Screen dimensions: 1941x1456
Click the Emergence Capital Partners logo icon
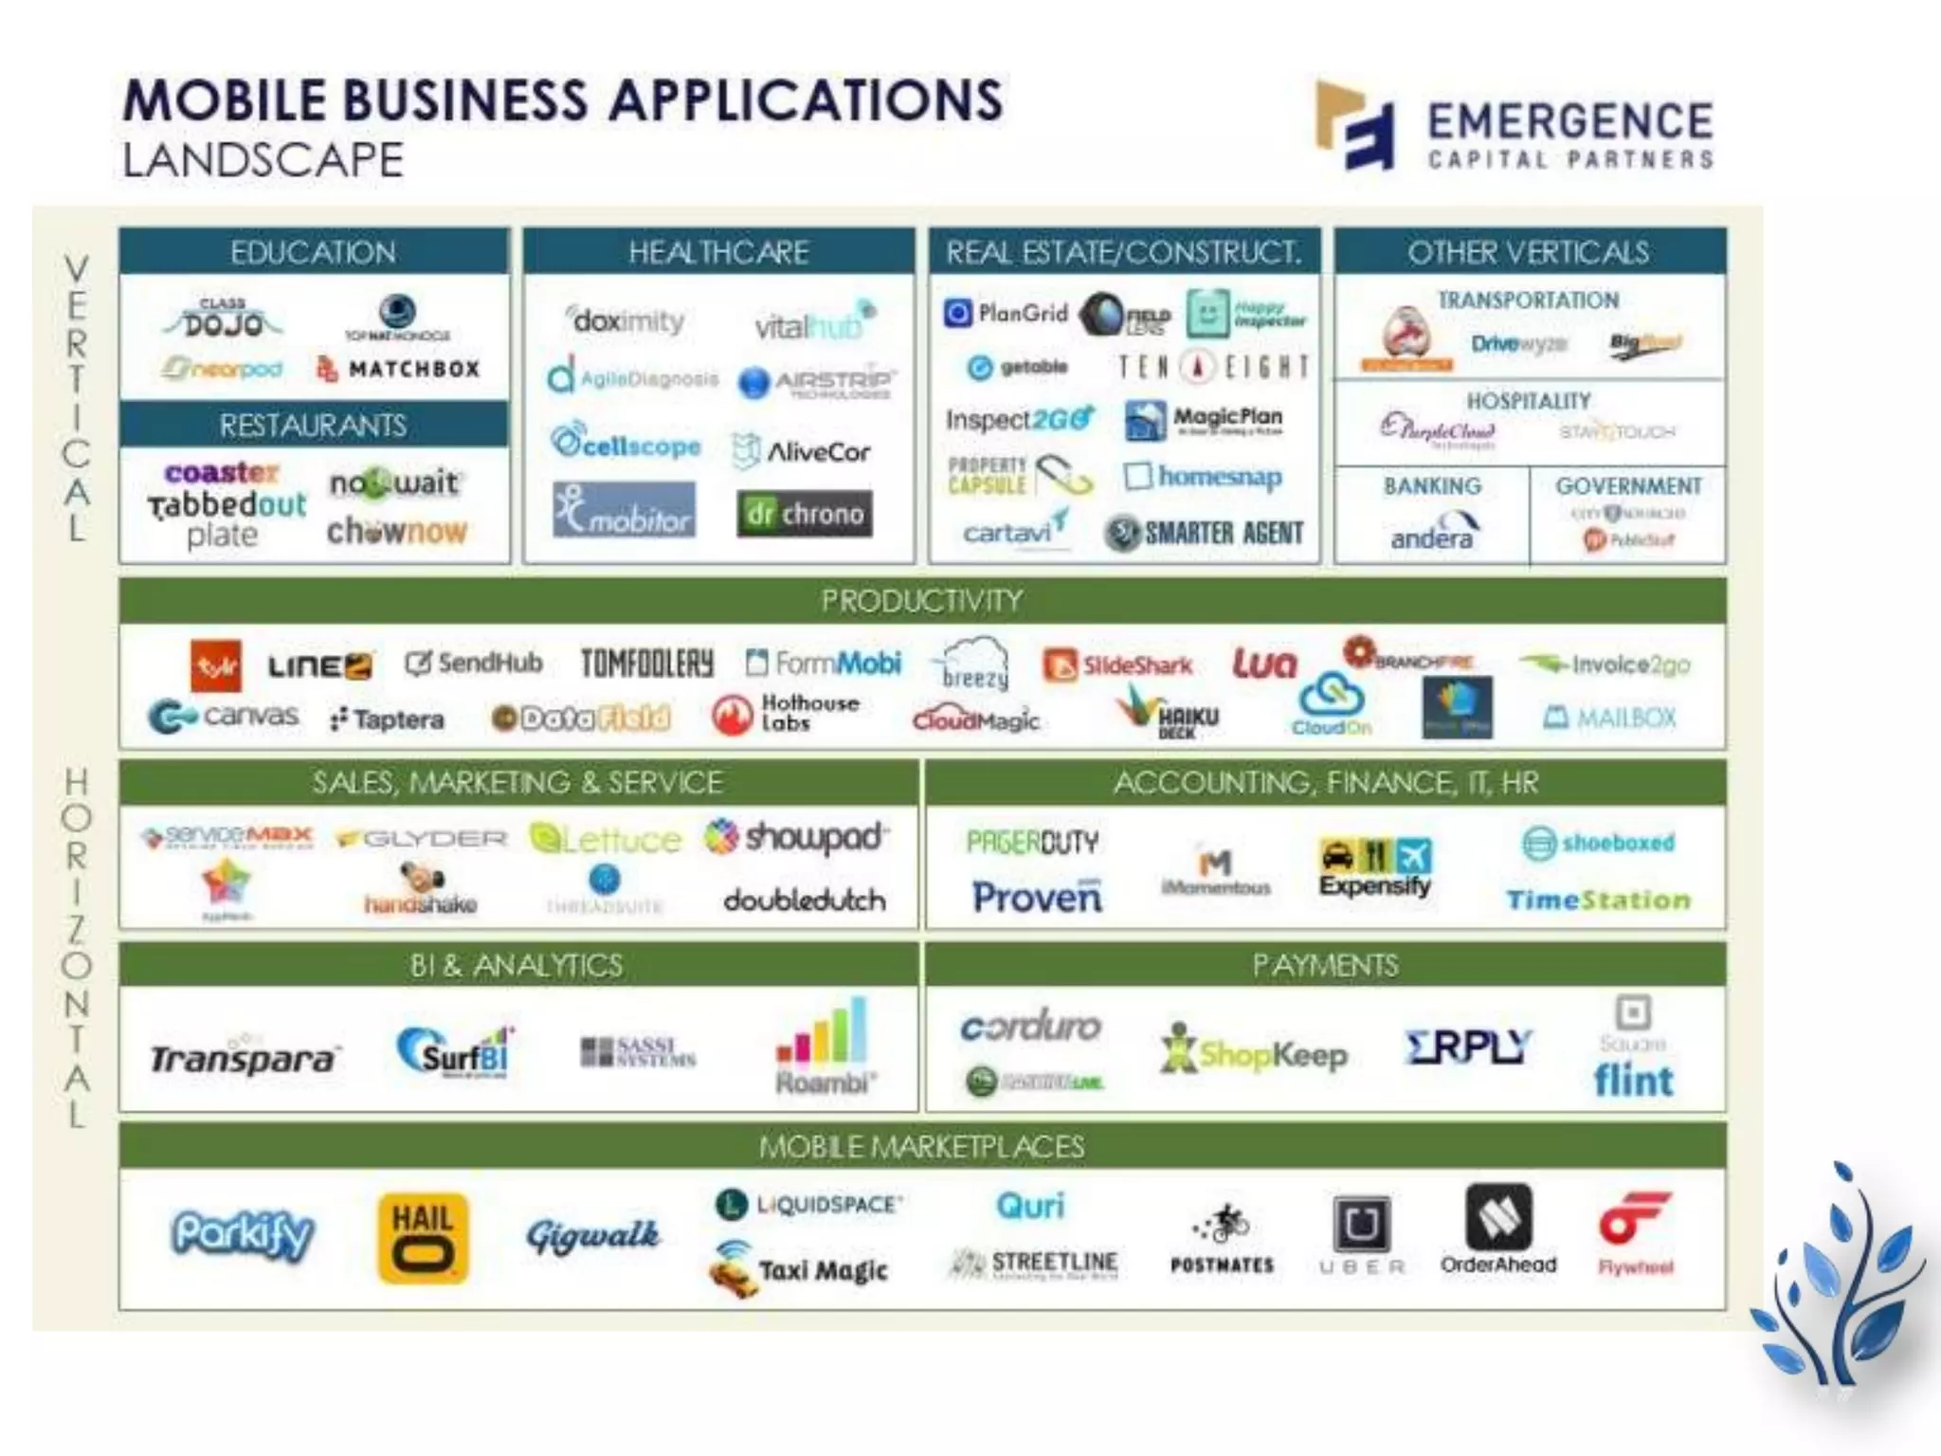click(x=1355, y=125)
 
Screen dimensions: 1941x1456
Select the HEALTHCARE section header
click(x=718, y=252)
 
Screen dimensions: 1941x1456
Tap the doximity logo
click(x=626, y=320)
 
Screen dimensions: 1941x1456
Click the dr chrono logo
click(x=804, y=514)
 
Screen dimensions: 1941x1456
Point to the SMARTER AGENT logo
click(x=1204, y=533)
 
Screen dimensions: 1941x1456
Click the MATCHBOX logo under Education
click(x=398, y=369)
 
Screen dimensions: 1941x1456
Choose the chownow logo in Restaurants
click(x=397, y=531)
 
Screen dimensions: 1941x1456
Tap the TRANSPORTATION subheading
click(x=1528, y=300)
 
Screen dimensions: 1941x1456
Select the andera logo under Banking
click(x=1432, y=532)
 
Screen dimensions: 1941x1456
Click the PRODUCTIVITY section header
click(x=921, y=600)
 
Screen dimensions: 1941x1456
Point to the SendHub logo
click(x=474, y=663)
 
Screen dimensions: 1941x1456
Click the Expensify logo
click(x=1375, y=866)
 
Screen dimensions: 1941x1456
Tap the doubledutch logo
click(x=805, y=899)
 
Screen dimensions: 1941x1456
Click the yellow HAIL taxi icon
click(x=423, y=1237)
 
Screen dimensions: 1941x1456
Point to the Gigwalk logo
click(x=593, y=1235)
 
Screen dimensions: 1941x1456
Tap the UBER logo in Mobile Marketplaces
click(x=1362, y=1233)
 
